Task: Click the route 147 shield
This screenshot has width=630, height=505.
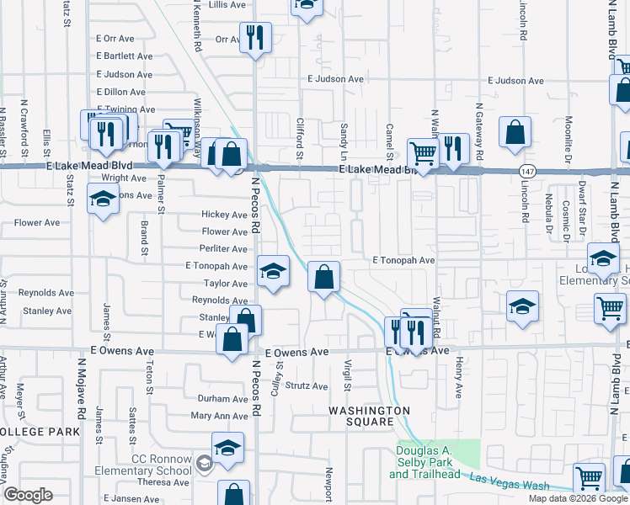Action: tap(526, 170)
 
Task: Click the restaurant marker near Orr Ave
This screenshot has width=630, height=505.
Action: tap(253, 37)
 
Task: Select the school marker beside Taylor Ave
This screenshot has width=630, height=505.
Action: tap(271, 271)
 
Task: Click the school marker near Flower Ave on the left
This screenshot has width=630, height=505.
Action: tap(103, 200)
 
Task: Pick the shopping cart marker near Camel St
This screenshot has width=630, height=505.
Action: tap(421, 153)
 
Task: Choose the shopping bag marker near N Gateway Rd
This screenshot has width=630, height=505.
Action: tap(515, 132)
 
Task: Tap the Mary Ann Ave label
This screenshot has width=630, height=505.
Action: tap(219, 416)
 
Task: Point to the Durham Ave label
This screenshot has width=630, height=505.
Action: tap(222, 398)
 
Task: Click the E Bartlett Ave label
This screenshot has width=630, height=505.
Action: tap(124, 56)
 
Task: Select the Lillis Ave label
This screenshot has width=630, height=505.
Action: tap(228, 4)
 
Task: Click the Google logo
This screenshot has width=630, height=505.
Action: tap(28, 495)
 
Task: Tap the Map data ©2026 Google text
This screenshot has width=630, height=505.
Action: tap(578, 498)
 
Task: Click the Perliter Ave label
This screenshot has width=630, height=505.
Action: tap(223, 249)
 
